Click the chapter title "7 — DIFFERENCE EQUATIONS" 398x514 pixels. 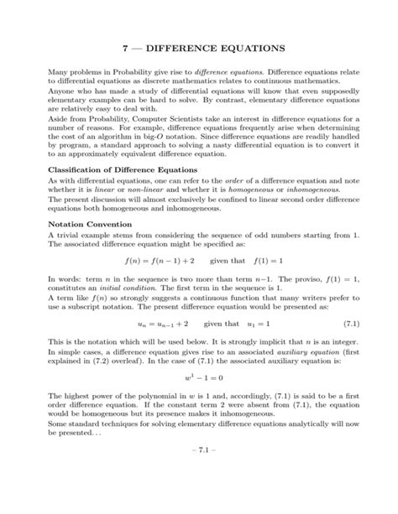[x=199, y=50]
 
